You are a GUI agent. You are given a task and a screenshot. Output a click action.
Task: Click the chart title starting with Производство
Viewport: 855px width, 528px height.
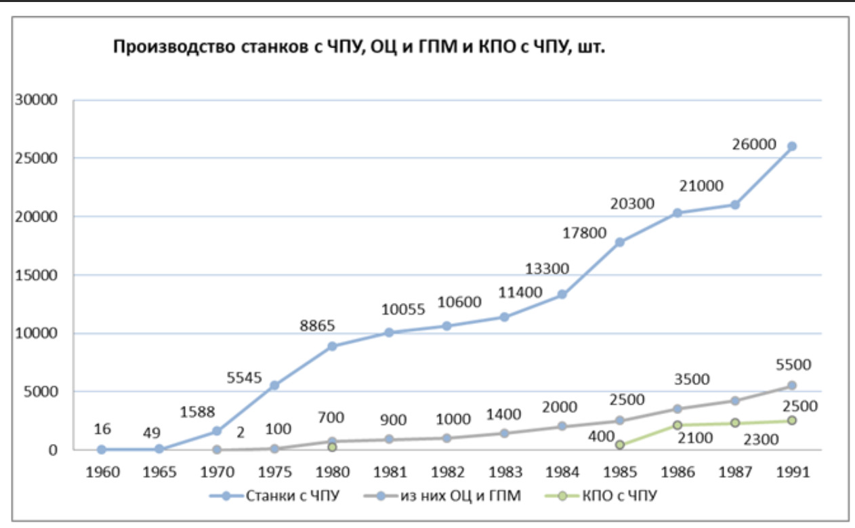pyautogui.click(x=358, y=48)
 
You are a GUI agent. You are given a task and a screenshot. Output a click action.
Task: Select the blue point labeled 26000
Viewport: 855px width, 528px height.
pyautogui.click(x=791, y=146)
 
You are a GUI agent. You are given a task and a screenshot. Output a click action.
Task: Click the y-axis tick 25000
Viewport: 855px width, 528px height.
pyautogui.click(x=38, y=158)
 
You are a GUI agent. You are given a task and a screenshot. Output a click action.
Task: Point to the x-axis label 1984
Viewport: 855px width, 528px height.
pyautogui.click(x=562, y=472)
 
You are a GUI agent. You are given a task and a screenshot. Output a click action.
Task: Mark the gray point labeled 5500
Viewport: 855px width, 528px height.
pyautogui.click(x=791, y=386)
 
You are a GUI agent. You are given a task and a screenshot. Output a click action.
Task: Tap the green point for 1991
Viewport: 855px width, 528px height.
pyautogui.click(x=791, y=420)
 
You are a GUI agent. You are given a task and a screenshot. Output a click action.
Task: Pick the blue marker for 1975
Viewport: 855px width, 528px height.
pyautogui.click(x=274, y=385)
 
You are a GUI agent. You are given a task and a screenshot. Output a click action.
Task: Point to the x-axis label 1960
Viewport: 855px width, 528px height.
pyautogui.click(x=102, y=472)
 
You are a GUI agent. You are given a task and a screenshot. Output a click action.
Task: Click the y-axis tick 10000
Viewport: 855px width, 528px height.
pyautogui.click(x=38, y=333)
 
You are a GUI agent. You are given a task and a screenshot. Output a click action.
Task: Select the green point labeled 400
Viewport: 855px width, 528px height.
pyautogui.click(x=619, y=445)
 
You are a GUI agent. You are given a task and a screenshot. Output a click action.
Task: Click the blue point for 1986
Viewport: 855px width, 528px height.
pyautogui.click(x=677, y=213)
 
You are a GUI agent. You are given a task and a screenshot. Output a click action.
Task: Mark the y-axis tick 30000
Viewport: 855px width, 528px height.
pyautogui.click(x=38, y=100)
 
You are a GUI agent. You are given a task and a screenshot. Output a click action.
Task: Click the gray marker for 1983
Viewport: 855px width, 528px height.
pyautogui.click(x=504, y=433)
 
